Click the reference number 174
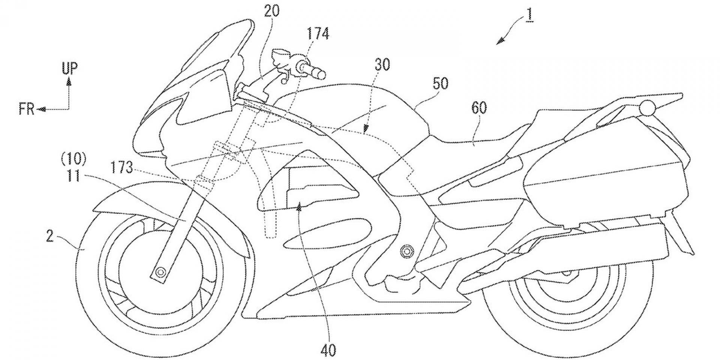[318, 34]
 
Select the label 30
[382, 65]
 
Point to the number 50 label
[440, 84]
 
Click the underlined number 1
[529, 17]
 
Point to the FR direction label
[27, 109]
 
